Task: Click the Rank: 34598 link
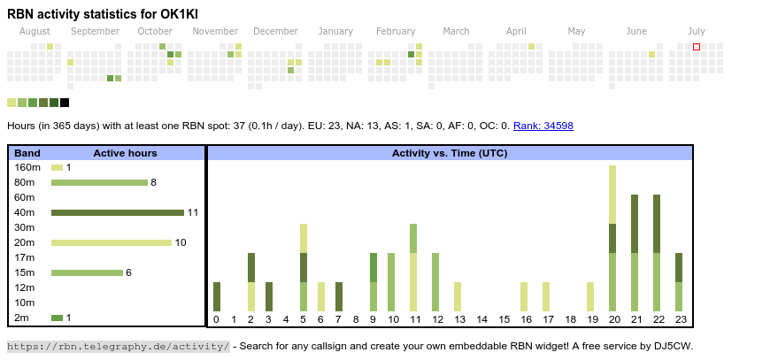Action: tap(543, 126)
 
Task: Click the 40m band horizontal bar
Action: tap(118, 212)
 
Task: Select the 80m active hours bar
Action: tap(99, 182)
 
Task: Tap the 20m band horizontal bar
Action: tap(112, 242)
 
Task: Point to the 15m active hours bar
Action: tap(87, 272)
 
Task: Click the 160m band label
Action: tap(27, 167)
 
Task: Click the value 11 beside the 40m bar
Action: tap(192, 212)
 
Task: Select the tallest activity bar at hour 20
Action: tap(612, 238)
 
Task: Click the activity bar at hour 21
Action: tap(635, 253)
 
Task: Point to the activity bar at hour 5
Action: tap(304, 267)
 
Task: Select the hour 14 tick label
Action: tap(481, 319)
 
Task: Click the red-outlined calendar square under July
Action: tap(697, 46)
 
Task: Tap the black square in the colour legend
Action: tap(65, 103)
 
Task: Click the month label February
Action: tap(396, 31)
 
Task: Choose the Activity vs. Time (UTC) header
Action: tap(450, 153)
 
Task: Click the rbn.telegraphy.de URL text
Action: tap(119, 346)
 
